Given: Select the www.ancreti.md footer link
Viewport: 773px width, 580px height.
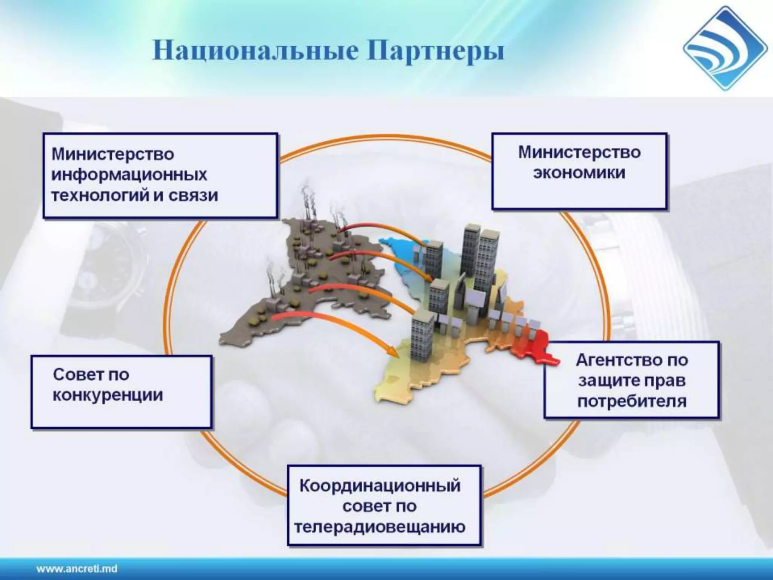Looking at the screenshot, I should coord(77,569).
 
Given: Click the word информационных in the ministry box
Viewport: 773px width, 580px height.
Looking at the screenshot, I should coord(129,175).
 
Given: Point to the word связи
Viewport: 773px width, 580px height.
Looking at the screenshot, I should coord(193,196).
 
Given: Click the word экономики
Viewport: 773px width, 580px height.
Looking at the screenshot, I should coord(579,173).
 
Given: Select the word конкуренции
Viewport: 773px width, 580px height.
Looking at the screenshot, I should coord(108,395).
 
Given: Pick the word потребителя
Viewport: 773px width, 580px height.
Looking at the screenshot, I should coord(632,401).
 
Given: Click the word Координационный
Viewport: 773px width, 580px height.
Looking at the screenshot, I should coord(380,486).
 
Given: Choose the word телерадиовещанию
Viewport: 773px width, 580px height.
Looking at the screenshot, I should coord(380,527).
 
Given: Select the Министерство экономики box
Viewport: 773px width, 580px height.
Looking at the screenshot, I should coord(579,171).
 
